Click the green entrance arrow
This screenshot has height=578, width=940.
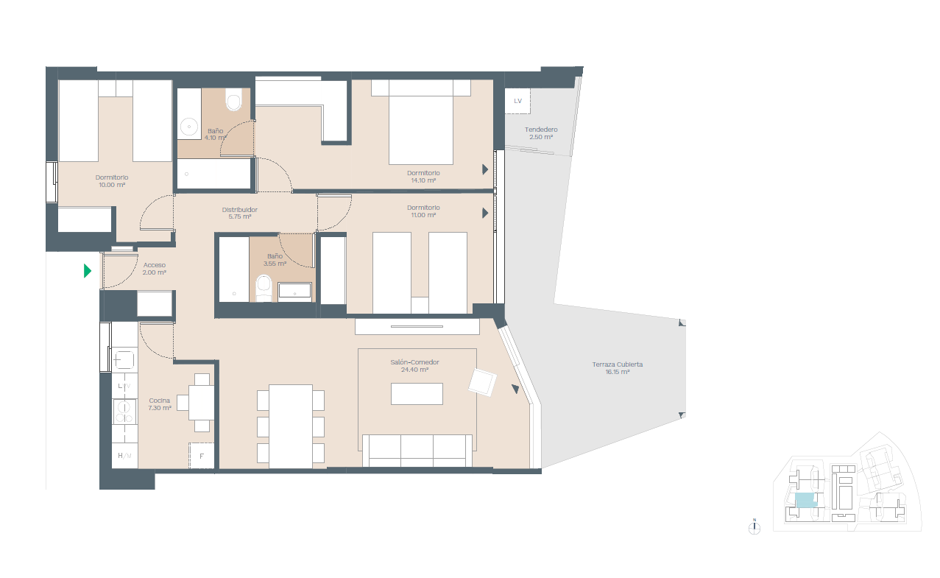coord(88,271)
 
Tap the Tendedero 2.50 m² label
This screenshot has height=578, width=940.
coord(541,133)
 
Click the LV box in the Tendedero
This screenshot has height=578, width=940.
coord(517,101)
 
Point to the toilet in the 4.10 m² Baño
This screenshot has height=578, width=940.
coord(234,99)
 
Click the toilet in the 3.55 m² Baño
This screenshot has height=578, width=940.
coord(264,288)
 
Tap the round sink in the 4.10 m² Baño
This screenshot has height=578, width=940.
coord(189,127)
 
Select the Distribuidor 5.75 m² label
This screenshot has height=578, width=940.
coord(240,213)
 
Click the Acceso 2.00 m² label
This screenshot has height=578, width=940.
coord(155,269)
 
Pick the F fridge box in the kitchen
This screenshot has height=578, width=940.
coord(202,456)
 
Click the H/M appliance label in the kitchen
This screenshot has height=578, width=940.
coord(124,456)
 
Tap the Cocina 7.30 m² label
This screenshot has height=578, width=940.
coord(160,403)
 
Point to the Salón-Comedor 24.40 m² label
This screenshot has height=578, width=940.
coord(414,366)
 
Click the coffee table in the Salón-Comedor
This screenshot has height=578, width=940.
coord(417,394)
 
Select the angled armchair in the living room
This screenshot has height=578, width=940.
coord(483,382)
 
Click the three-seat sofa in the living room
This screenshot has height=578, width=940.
coord(417,451)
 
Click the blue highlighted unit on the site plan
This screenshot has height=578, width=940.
coord(805,501)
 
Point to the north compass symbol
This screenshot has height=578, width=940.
coord(754,528)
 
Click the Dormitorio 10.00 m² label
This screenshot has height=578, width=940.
coord(112,181)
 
